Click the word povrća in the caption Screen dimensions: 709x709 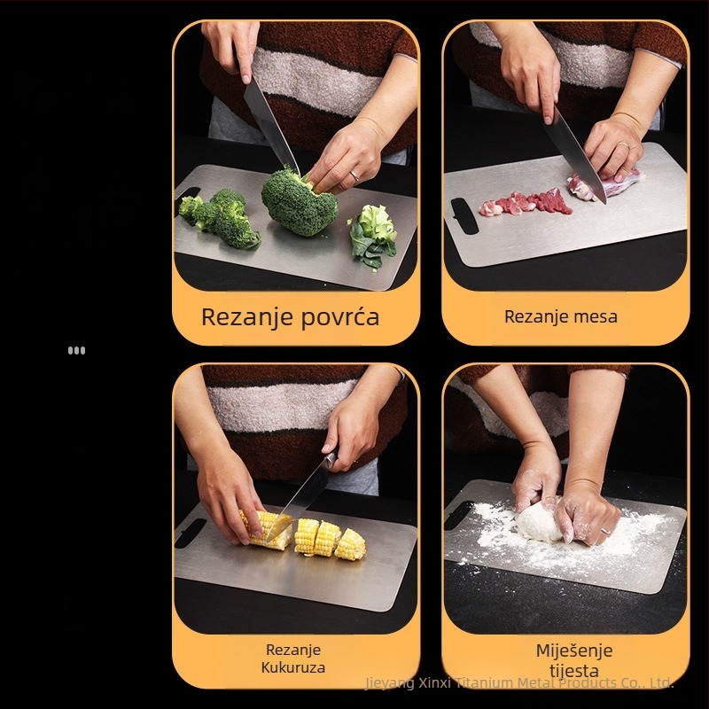point(339,317)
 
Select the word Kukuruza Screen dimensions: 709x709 point(293,667)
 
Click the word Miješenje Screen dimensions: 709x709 point(574,651)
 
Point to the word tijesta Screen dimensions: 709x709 point(574,671)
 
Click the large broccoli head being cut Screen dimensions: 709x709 point(300,203)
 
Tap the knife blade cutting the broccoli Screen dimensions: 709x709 point(271,127)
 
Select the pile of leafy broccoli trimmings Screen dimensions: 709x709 point(373,235)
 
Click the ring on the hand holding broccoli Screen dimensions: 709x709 point(354,175)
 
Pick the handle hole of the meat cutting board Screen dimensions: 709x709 point(464,215)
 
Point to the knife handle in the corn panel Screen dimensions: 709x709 point(330,460)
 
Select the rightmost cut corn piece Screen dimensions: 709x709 point(350,544)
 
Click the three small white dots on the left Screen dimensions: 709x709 point(76,350)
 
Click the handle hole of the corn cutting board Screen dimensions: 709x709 point(190,534)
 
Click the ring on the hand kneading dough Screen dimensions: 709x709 point(605,530)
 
